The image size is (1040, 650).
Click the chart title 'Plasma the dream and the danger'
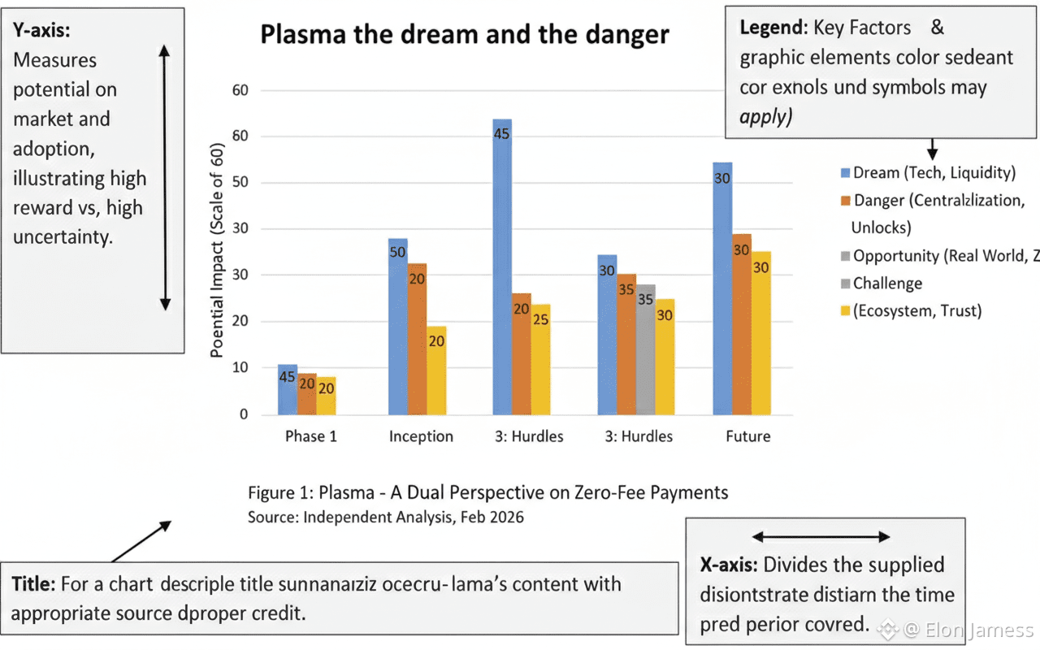coord(464,35)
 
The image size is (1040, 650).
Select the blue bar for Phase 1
coord(287,390)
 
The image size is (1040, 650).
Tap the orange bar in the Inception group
coord(417,339)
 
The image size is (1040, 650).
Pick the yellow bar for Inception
coord(436,370)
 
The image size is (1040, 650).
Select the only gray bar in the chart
coord(645,349)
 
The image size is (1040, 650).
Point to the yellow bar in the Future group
coord(760,333)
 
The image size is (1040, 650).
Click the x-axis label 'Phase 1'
coord(310,436)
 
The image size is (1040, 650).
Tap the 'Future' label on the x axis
coord(747,436)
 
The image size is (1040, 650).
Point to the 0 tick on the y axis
coord(242,414)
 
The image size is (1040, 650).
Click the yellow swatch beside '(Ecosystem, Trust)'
coord(844,311)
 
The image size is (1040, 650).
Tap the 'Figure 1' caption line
coord(487,492)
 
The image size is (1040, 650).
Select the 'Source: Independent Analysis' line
coord(385,517)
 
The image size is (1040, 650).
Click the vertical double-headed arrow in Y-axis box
coord(165,177)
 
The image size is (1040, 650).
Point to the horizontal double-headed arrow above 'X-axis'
coord(821,536)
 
